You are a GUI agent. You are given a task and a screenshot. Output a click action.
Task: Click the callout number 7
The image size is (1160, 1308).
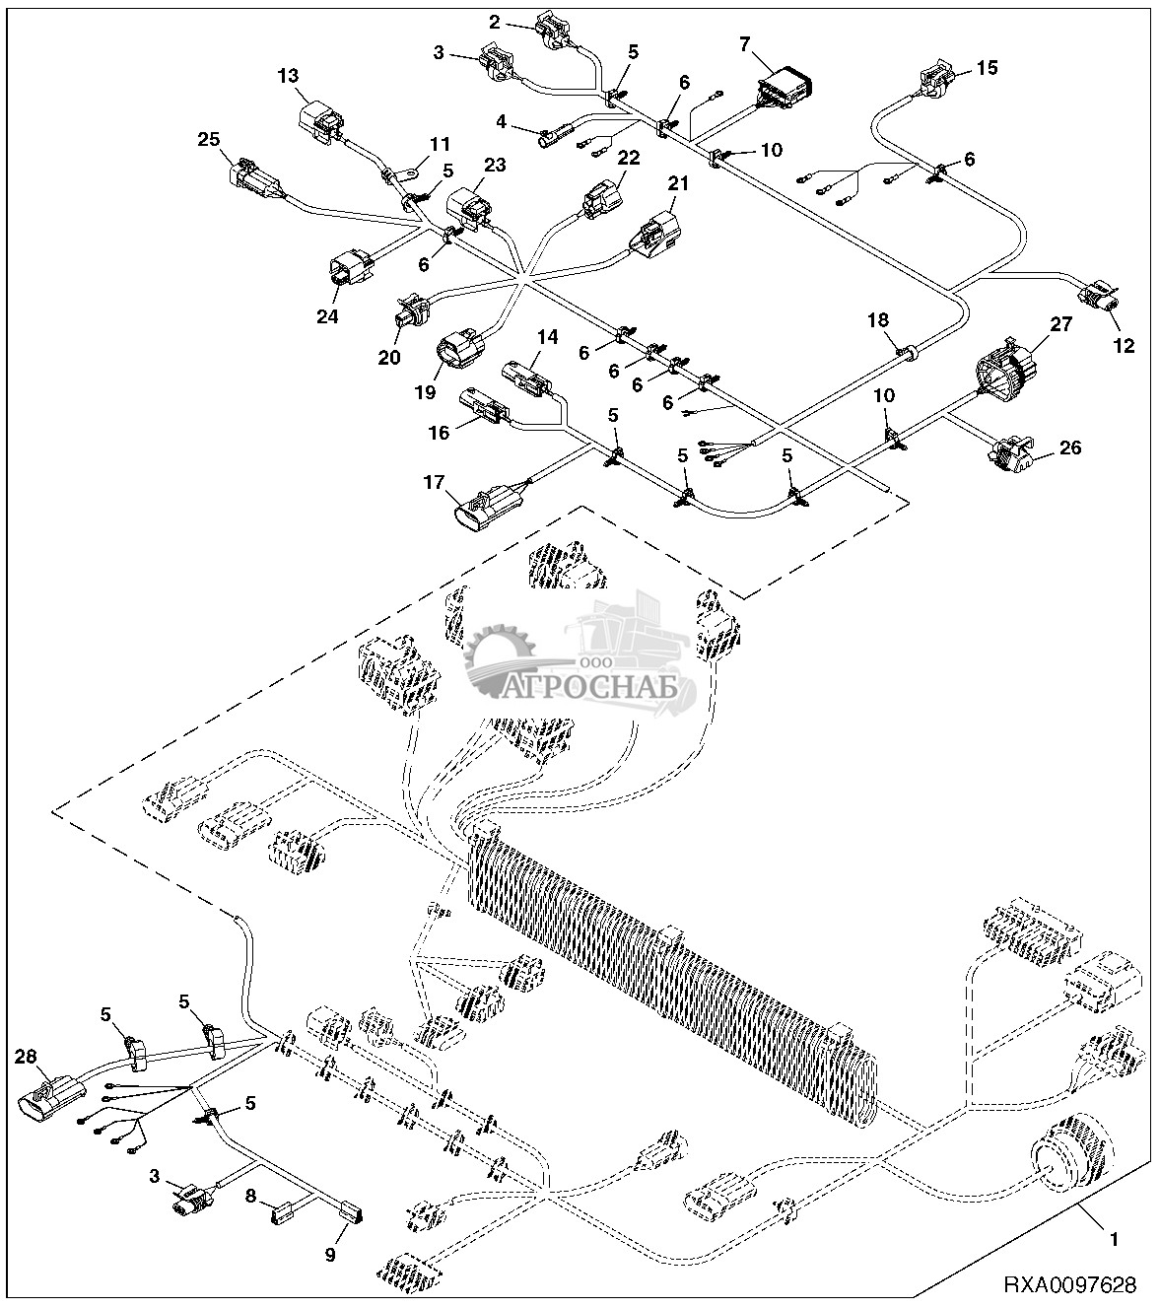[744, 42]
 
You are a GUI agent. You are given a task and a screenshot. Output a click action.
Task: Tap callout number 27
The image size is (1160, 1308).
[1059, 324]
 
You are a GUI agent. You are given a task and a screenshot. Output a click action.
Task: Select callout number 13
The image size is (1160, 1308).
[288, 76]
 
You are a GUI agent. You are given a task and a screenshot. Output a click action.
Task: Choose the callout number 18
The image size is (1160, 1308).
[877, 320]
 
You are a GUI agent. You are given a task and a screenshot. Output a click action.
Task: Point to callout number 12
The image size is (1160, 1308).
[1124, 346]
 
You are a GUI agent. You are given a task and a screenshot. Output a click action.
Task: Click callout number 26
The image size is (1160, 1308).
[1069, 447]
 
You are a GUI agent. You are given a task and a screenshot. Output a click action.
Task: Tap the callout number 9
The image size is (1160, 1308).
[331, 1255]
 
